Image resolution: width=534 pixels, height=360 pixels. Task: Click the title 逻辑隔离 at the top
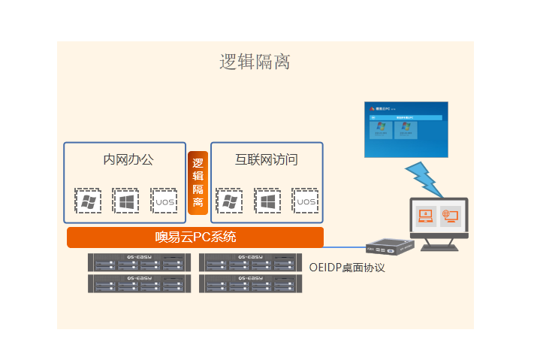point(255,62)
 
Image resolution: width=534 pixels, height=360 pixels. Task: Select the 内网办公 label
point(128,159)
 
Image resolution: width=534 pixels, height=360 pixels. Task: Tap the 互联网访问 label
point(267,159)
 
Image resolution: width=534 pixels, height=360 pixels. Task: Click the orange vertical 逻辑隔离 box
point(198,183)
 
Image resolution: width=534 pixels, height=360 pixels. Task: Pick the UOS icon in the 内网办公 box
point(164,201)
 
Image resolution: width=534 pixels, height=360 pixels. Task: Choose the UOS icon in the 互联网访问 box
point(306,201)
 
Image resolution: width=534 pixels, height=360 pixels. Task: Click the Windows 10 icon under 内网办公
point(126,201)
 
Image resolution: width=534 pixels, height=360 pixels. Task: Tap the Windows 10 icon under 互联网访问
point(267,201)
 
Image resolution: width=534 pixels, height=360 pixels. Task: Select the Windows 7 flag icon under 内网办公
point(89,201)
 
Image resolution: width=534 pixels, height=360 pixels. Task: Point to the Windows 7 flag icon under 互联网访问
point(229,201)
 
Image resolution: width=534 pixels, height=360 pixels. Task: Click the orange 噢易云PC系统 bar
point(195,237)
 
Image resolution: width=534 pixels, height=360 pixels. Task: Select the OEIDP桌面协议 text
point(347,267)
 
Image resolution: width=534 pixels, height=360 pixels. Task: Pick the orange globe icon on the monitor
point(451,216)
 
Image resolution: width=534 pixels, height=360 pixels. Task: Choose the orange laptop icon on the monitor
point(426,216)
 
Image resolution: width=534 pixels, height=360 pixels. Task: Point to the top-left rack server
point(137,262)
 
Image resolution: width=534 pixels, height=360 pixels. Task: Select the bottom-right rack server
point(250,283)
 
